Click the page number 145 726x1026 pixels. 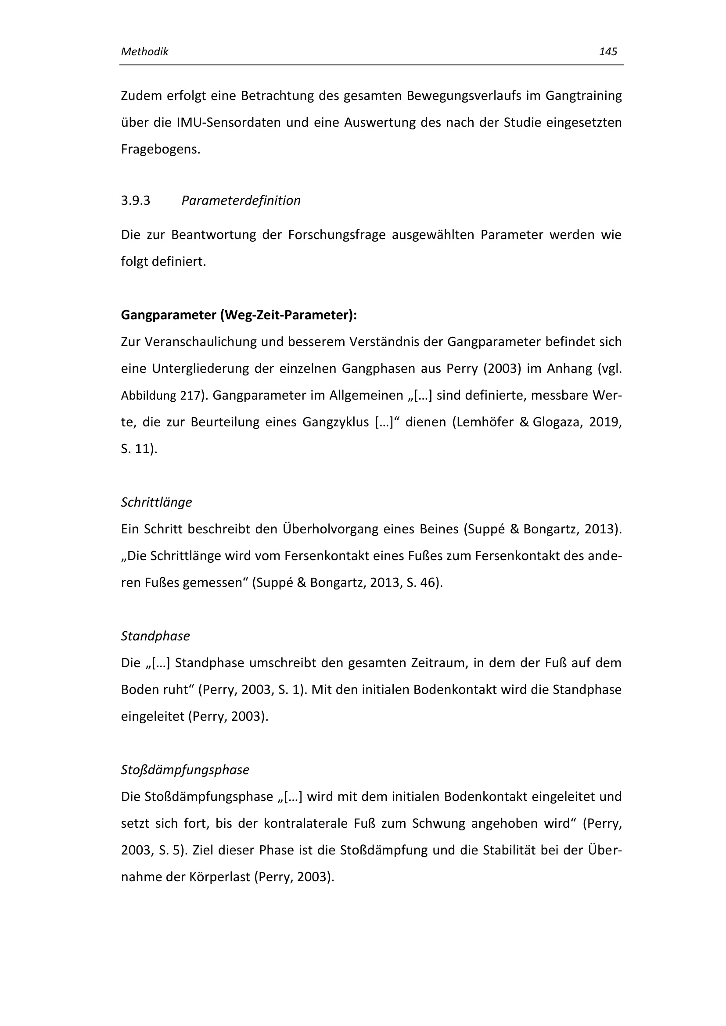click(607, 52)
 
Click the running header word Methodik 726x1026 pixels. click(144, 52)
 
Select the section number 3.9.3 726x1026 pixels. click(136, 200)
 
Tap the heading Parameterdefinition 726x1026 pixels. click(241, 200)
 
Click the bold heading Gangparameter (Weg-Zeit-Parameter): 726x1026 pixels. click(239, 315)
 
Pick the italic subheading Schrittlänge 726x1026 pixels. click(156, 502)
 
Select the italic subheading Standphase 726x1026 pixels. click(155, 636)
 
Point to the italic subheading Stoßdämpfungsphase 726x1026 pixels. click(185, 770)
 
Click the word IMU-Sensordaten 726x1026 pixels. click(229, 122)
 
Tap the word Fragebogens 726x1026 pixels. click(161, 149)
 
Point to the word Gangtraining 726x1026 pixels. click(583, 96)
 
